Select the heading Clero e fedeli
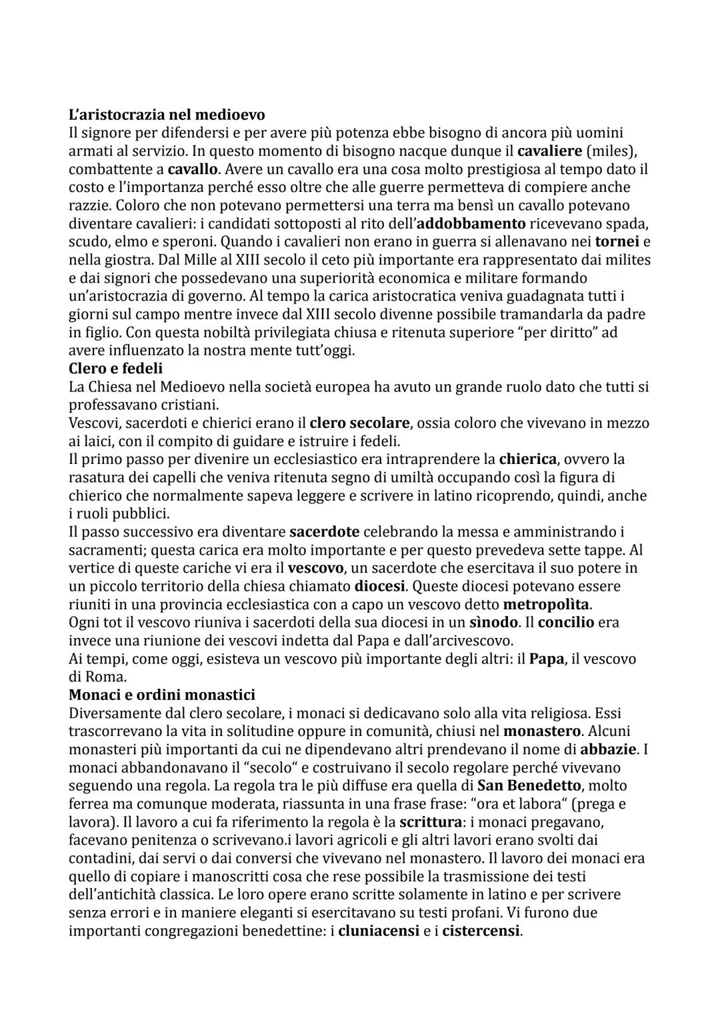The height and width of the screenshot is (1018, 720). (x=115, y=368)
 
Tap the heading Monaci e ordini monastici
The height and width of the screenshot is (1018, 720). (x=162, y=695)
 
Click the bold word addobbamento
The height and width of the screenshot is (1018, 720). (x=471, y=223)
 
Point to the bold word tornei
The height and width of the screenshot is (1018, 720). (x=617, y=241)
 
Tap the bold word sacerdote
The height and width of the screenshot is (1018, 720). (x=324, y=532)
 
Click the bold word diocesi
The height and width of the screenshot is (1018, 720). (x=379, y=587)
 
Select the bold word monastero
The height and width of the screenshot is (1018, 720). (x=541, y=731)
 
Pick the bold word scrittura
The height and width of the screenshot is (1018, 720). (x=431, y=822)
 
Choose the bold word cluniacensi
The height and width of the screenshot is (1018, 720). (x=378, y=931)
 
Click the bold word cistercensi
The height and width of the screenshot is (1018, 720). (x=481, y=931)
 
